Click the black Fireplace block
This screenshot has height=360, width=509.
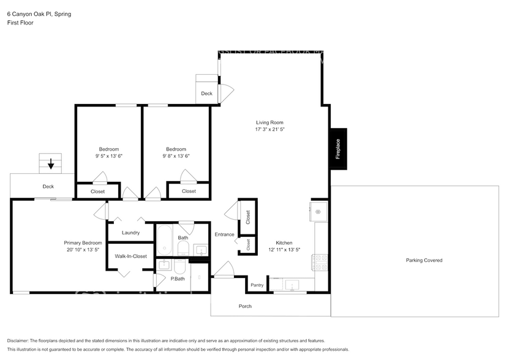click(x=338, y=149)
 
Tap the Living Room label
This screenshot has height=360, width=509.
click(x=270, y=122)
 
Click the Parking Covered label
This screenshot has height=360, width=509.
click(x=424, y=260)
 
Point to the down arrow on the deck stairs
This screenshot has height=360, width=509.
click(x=51, y=163)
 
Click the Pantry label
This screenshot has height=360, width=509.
click(x=257, y=285)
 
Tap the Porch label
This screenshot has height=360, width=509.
click(x=245, y=306)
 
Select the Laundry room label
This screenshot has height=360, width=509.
click(x=130, y=233)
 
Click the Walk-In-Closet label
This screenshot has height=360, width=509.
click(x=130, y=257)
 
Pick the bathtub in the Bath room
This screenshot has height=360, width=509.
click(x=165, y=241)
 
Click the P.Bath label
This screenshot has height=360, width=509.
click(x=177, y=279)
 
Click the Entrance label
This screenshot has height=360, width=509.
click(x=224, y=234)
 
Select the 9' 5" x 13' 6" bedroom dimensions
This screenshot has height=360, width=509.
click(x=109, y=156)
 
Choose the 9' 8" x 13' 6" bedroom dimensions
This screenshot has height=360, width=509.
click(x=176, y=156)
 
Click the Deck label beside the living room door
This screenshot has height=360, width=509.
click(x=206, y=94)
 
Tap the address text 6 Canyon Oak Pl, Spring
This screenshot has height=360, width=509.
click(x=39, y=13)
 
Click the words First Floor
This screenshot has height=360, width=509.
click(x=20, y=23)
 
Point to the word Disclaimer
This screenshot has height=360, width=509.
click(x=21, y=340)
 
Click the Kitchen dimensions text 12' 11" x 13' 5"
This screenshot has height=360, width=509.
click(x=284, y=250)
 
